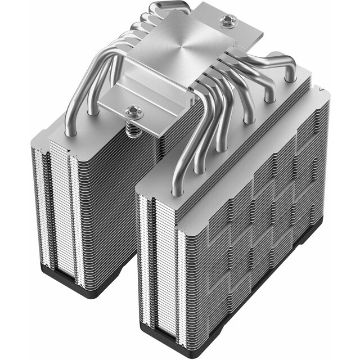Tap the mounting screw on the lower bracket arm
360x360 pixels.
click(x=133, y=111)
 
